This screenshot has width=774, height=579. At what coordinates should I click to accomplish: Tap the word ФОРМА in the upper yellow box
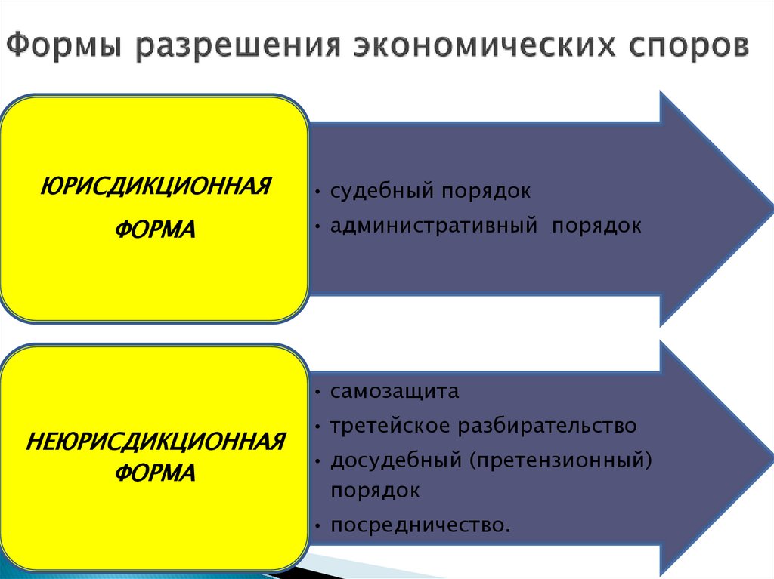(155, 228)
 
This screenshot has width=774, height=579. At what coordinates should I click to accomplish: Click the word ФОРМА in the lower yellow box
(155, 474)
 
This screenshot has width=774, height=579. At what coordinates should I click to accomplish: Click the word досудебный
(396, 460)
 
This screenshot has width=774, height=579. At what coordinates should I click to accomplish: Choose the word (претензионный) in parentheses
(560, 460)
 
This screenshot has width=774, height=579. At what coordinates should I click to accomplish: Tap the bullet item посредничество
(420, 525)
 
